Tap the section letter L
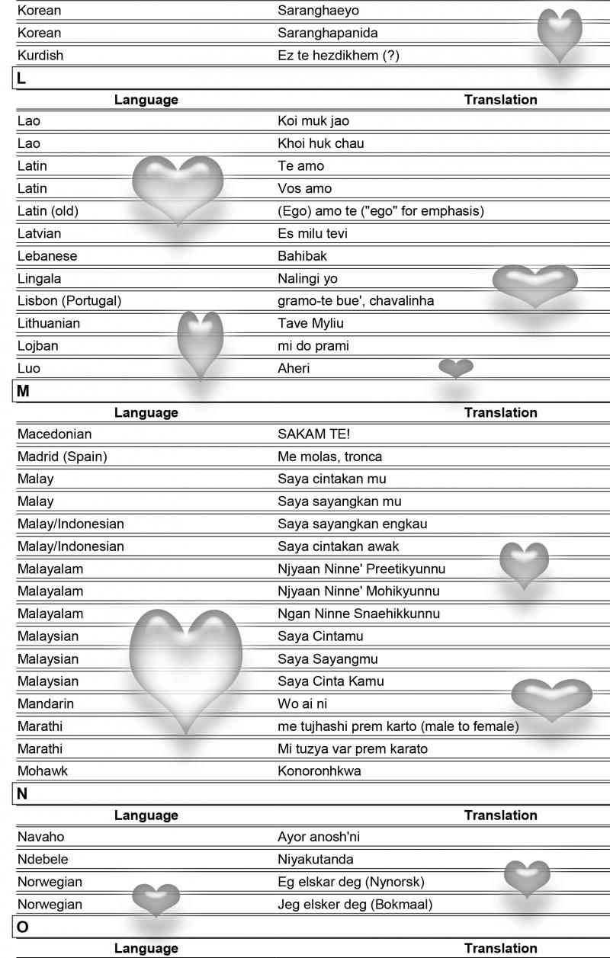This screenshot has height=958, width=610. click(21, 78)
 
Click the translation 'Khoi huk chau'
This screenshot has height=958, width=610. click(321, 143)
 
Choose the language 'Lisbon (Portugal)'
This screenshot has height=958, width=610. click(69, 300)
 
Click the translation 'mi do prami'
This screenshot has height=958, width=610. click(313, 346)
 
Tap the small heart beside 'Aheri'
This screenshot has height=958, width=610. click(456, 369)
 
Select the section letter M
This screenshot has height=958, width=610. click(23, 391)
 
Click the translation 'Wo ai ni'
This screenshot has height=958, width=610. click(303, 703)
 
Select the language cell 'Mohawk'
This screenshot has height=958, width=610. click(42, 771)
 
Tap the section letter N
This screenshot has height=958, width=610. click(22, 793)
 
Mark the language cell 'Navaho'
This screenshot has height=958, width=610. click(40, 837)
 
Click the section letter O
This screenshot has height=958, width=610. click(22, 927)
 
